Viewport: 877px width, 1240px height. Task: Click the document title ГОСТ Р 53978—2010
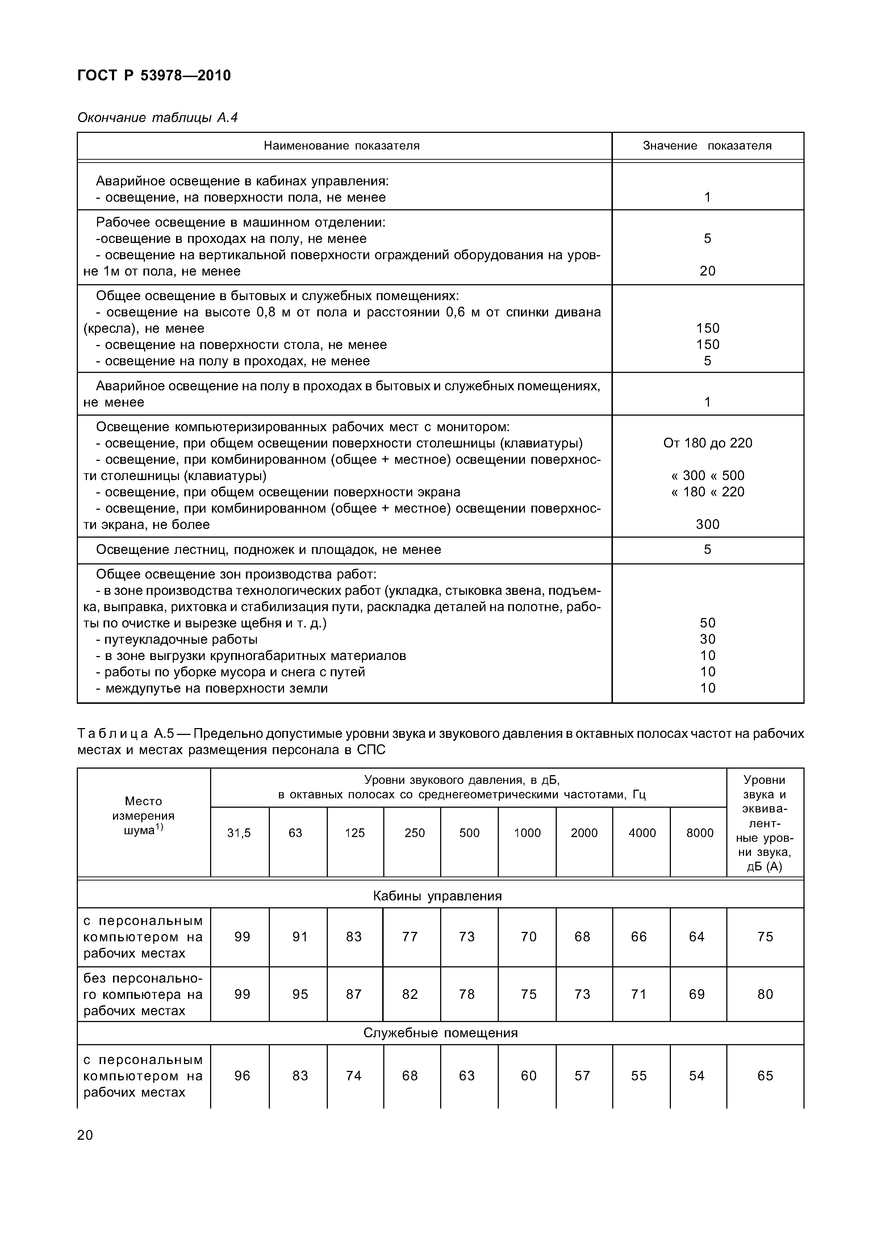pyautogui.click(x=154, y=75)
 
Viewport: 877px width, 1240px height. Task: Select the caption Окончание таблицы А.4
pyautogui.click(x=157, y=117)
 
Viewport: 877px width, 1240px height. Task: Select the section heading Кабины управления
pyautogui.click(x=437, y=896)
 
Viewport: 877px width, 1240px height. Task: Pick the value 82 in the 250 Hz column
pyautogui.click(x=410, y=994)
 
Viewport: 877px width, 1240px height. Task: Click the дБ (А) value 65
pyautogui.click(x=765, y=1076)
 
